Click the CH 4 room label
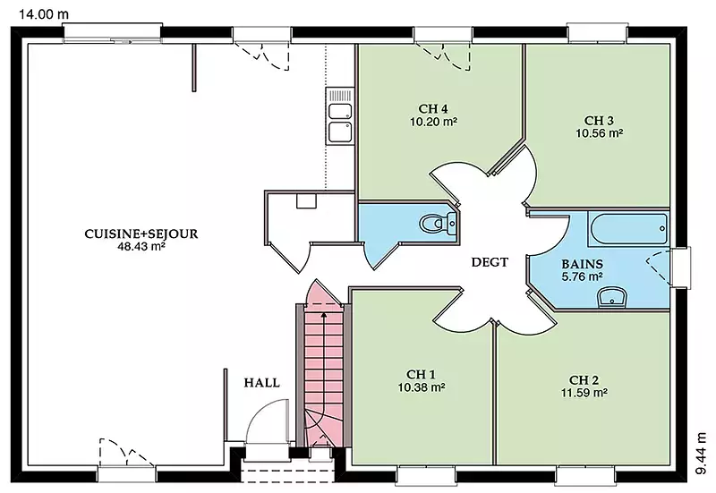(433, 108)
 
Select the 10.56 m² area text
(599, 133)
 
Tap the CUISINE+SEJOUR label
(141, 234)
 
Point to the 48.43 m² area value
(141, 247)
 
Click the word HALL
(261, 383)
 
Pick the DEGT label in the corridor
(490, 262)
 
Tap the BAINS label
(583, 264)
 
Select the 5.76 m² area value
(583, 276)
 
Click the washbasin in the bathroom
(612, 297)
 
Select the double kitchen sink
(340, 116)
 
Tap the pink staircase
(324, 365)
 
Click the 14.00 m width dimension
(44, 14)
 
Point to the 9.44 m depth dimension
(703, 454)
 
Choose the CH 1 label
(421, 374)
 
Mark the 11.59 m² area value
(584, 393)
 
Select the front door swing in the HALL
(267, 420)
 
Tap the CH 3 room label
(599, 121)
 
